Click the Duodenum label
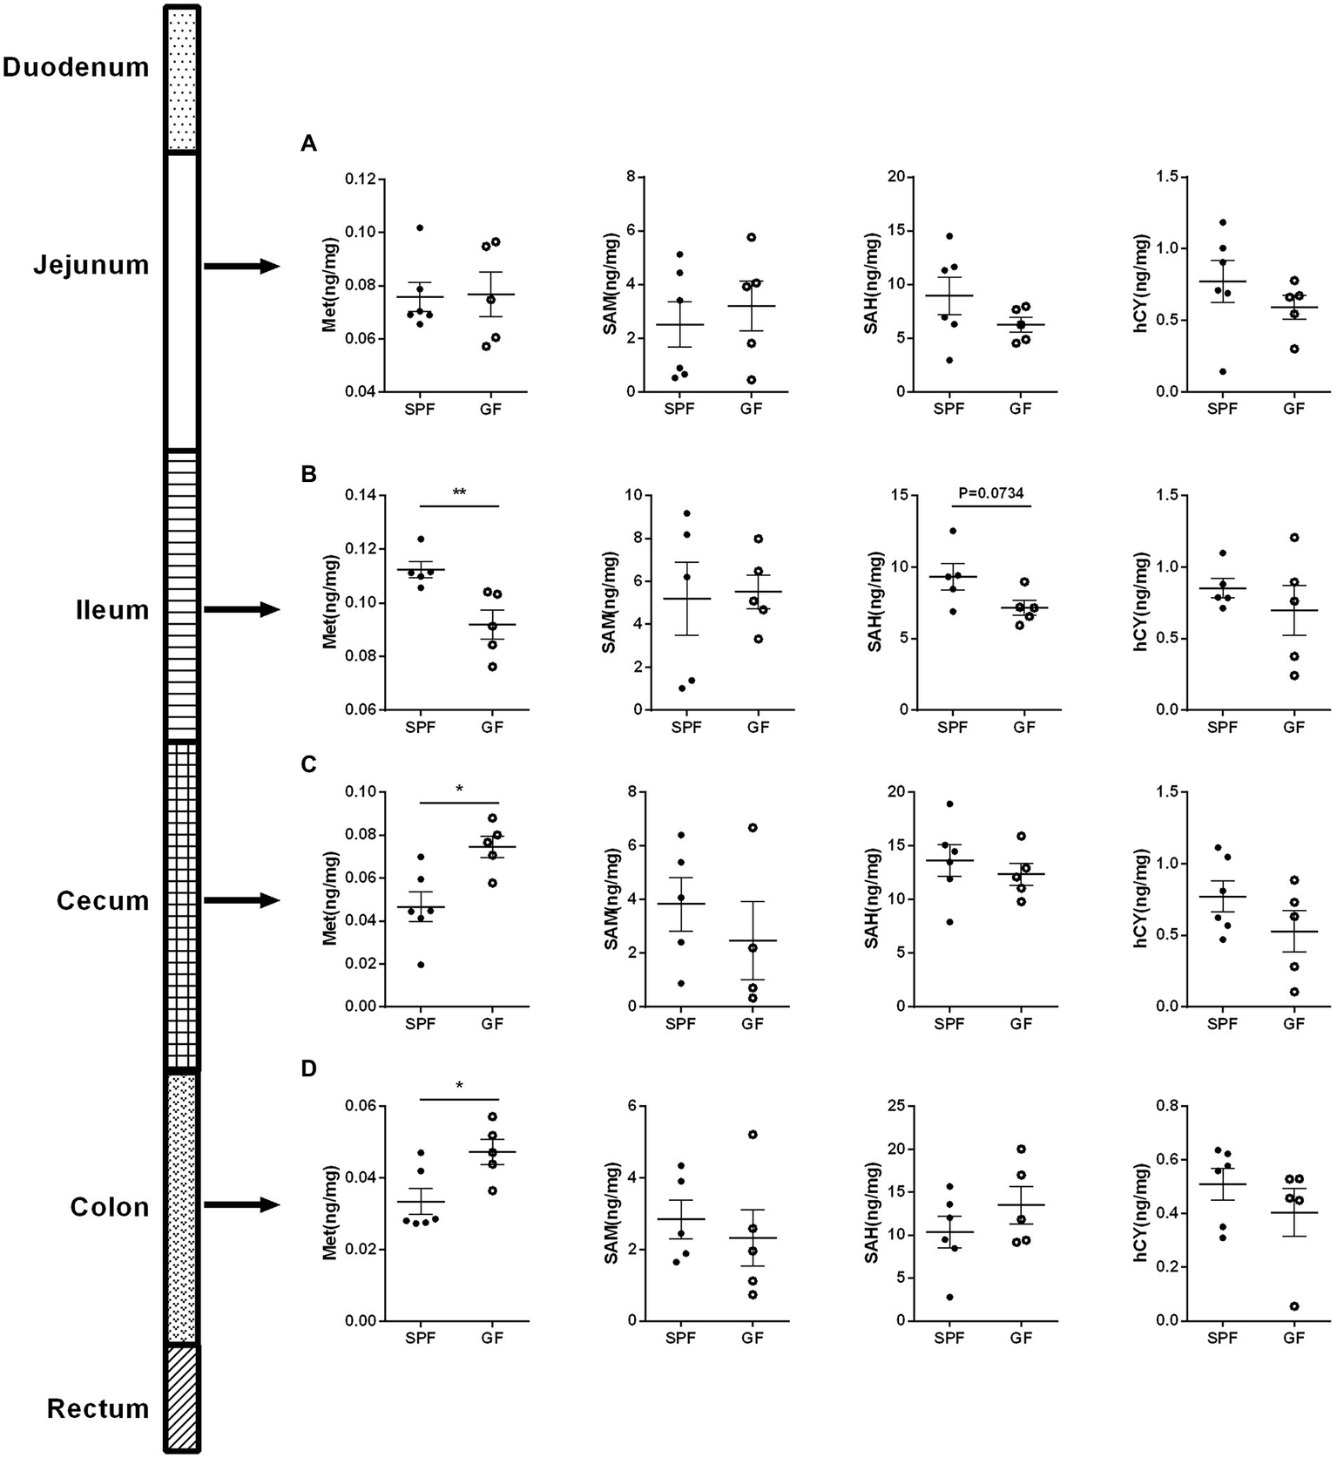(x=76, y=67)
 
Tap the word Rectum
(x=98, y=1408)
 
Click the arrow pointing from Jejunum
(x=242, y=266)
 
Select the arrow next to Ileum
(x=242, y=610)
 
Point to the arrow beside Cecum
(x=242, y=900)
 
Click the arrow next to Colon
(x=242, y=1205)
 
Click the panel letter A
(x=308, y=145)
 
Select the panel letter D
(x=308, y=1069)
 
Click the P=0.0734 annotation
(x=990, y=493)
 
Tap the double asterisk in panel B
(x=459, y=493)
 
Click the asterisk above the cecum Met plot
(x=459, y=790)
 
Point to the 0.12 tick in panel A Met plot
(x=358, y=180)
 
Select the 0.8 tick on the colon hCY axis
(x=1162, y=1107)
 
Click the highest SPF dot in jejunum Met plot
(x=420, y=228)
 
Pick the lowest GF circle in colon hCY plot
(x=1294, y=1306)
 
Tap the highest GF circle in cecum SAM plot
(x=753, y=827)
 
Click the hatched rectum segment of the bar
(x=183, y=1398)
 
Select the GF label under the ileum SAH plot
(x=1023, y=728)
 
